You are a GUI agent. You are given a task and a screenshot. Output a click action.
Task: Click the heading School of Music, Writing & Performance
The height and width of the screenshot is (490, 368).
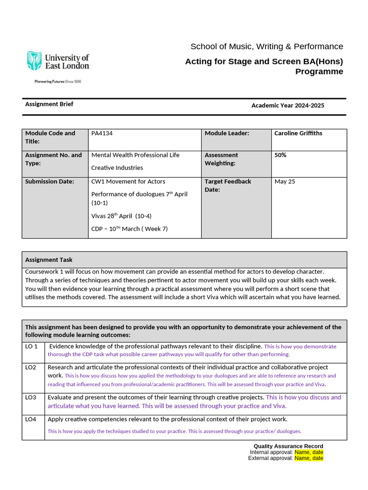pyautogui.click(x=266, y=46)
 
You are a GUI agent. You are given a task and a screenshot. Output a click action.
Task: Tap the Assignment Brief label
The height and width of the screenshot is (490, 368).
pyautogui.click(x=49, y=104)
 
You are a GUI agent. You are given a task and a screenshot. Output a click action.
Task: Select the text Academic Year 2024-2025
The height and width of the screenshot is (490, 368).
pyautogui.click(x=287, y=105)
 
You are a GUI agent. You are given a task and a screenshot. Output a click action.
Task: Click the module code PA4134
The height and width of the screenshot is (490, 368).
pyautogui.click(x=102, y=134)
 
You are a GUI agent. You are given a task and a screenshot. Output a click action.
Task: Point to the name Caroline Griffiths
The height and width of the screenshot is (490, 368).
pyautogui.click(x=298, y=134)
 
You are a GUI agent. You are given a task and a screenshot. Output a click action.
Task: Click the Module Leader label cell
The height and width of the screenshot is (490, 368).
pyautogui.click(x=227, y=134)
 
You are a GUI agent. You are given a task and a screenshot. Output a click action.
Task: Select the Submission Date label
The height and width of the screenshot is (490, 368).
pyautogui.click(x=50, y=181)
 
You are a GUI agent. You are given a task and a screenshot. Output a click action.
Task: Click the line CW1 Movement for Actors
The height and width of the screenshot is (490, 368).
pyautogui.click(x=128, y=181)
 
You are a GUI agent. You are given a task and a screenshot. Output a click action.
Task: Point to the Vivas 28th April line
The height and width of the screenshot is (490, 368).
pyautogui.click(x=121, y=216)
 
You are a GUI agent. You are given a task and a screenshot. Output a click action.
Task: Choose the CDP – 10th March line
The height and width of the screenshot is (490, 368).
pyautogui.click(x=129, y=229)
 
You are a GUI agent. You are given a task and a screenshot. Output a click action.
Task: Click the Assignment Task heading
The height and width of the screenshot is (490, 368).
pyautogui.click(x=49, y=260)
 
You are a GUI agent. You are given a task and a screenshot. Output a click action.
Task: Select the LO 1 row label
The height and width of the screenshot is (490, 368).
pyautogui.click(x=32, y=346)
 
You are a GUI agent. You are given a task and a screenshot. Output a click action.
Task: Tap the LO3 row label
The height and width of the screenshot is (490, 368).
pyautogui.click(x=31, y=397)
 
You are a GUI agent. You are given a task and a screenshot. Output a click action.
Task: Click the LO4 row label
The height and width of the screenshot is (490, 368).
pyautogui.click(x=31, y=419)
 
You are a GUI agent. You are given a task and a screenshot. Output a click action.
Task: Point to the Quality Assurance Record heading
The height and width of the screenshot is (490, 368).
pyautogui.click(x=288, y=446)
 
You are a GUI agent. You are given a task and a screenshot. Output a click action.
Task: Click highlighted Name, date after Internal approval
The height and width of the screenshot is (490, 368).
pyautogui.click(x=309, y=452)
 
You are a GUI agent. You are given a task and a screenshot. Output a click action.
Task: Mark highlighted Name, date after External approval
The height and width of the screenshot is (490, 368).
pyautogui.click(x=309, y=458)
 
